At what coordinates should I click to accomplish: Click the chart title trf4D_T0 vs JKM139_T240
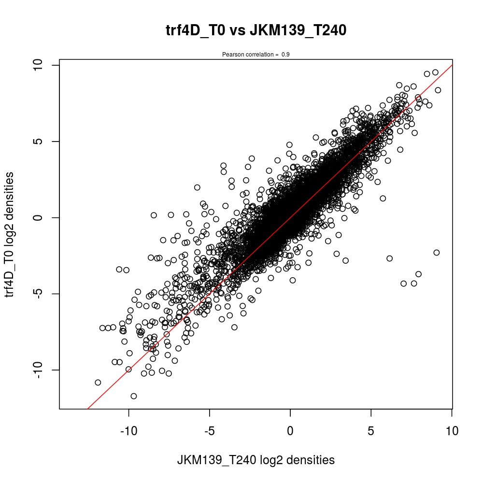[x=256, y=31]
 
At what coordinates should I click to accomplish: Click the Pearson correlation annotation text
[x=256, y=55]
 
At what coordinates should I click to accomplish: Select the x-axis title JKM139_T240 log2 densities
[x=256, y=460]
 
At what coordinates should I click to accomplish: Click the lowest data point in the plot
[x=134, y=396]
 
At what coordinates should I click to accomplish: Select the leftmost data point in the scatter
[x=98, y=383]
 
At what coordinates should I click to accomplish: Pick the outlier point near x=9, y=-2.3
[x=437, y=253]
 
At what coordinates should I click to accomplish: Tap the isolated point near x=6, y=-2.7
[x=390, y=258]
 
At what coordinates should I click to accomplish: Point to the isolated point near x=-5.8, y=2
[x=197, y=187]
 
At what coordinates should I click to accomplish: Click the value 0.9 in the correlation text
[x=285, y=55]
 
